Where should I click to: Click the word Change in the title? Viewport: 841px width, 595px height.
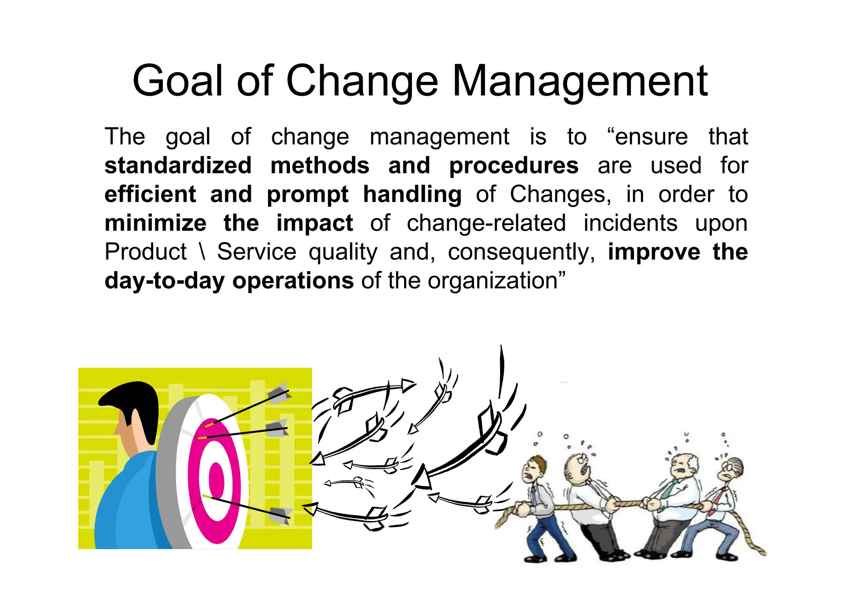tap(362, 81)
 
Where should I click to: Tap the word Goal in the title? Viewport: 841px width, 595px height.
tap(177, 81)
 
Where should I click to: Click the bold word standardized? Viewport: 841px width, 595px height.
tap(178, 166)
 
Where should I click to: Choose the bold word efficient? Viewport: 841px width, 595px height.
tap(150, 194)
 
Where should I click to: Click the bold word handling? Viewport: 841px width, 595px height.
tap(412, 195)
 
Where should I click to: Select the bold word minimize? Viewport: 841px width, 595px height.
tap(156, 223)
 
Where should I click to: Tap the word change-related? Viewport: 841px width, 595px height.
tap(486, 224)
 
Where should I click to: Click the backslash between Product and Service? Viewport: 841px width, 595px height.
tap(202, 252)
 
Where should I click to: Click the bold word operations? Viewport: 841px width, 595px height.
tap(293, 281)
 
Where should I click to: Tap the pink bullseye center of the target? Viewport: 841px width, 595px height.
tap(216, 480)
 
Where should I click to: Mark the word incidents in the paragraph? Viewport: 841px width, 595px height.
tap(630, 224)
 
